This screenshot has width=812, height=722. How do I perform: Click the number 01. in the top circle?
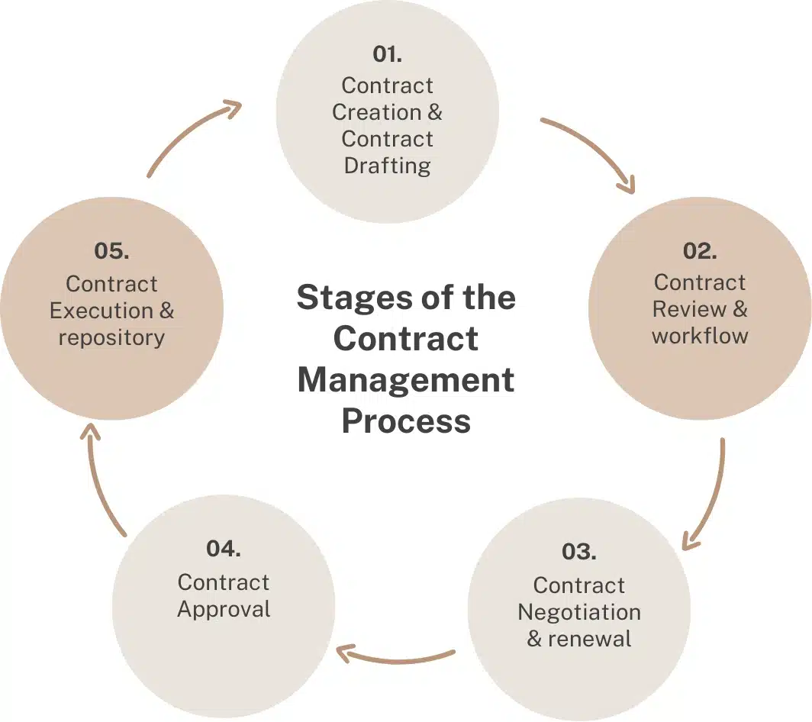(387, 54)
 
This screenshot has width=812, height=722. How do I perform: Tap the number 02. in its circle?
(700, 251)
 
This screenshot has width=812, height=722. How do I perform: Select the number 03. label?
(578, 551)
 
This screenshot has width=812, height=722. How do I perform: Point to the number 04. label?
(224, 548)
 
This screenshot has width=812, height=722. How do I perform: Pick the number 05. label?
(111, 250)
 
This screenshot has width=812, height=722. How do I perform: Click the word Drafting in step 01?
(387, 166)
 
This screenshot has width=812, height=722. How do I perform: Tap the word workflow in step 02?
(700, 336)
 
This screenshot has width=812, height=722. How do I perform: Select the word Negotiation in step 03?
(578, 612)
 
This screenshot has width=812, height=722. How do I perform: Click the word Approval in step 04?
(224, 609)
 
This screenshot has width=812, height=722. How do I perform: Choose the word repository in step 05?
(111, 337)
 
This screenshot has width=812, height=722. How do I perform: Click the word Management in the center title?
(405, 379)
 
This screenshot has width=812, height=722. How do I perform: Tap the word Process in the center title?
(405, 421)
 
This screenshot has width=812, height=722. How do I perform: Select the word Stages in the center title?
(341, 297)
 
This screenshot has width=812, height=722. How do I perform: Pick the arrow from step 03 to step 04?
(397, 657)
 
